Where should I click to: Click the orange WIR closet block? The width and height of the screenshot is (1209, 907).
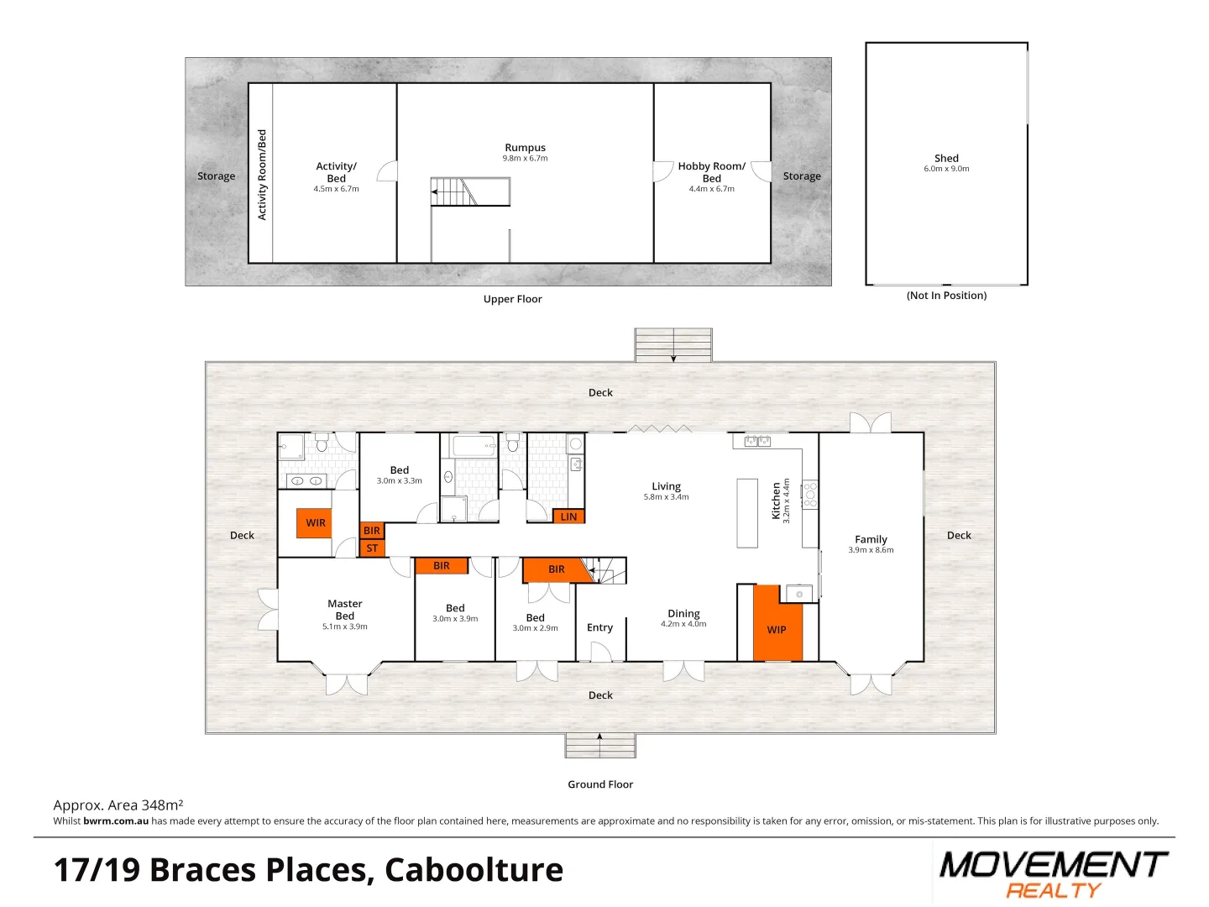[315, 522]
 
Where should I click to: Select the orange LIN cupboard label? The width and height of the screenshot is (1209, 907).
[568, 516]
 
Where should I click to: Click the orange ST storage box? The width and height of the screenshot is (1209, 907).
[372, 548]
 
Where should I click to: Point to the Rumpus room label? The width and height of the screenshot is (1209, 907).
[525, 148]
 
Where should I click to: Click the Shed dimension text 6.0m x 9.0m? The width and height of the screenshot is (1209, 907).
[946, 169]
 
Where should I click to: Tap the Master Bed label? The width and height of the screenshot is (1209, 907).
[345, 610]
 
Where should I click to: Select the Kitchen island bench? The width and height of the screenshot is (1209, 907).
[747, 512]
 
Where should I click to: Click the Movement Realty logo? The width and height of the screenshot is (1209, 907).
[1053, 873]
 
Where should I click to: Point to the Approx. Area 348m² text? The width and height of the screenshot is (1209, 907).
[118, 805]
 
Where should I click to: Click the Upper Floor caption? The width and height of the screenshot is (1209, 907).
[512, 299]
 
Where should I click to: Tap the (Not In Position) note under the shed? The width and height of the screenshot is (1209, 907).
[946, 296]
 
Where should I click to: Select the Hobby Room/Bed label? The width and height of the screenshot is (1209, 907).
[711, 172]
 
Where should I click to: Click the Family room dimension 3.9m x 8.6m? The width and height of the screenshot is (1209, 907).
[871, 550]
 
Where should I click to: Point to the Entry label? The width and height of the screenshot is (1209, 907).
[599, 627]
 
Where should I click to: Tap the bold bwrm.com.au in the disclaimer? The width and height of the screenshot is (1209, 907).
[116, 821]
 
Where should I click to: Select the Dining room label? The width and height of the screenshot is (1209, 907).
[683, 614]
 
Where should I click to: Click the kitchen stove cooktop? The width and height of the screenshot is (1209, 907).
[810, 495]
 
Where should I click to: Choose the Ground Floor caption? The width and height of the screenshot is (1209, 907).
[600, 784]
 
